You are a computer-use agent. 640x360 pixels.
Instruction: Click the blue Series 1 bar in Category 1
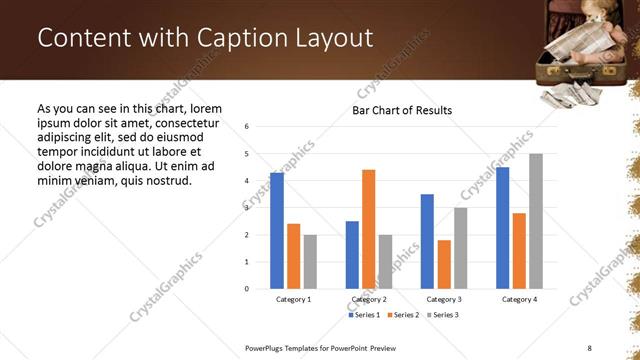coord(277,231)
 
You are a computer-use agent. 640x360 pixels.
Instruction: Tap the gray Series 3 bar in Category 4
coord(535,221)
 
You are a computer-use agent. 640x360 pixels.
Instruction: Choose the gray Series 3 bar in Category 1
coord(310,262)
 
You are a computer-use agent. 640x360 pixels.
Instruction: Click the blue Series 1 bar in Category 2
coord(352,255)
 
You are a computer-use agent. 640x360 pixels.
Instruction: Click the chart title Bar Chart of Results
coord(402,110)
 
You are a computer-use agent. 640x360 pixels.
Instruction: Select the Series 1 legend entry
coord(363,315)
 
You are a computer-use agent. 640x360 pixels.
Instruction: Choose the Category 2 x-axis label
coord(368,299)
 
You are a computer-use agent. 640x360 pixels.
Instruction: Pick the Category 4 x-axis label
coord(518,299)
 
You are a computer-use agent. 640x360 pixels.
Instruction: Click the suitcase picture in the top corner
coord(584,45)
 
